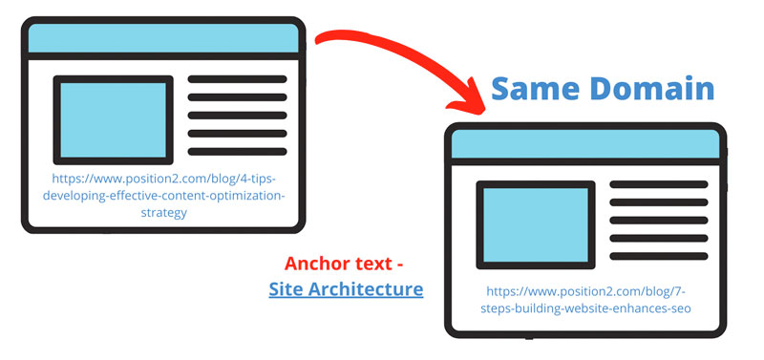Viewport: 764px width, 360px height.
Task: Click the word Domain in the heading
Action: coord(650,89)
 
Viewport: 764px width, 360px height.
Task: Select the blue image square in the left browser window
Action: coord(113,118)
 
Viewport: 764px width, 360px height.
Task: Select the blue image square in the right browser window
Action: coord(535,222)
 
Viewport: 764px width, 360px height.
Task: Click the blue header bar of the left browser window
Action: coord(163,38)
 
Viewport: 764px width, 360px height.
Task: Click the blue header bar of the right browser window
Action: coord(584,142)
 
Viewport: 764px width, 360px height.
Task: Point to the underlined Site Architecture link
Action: coord(346,288)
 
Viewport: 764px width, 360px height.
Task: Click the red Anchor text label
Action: coord(350,264)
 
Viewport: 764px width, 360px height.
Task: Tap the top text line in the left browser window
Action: coord(237,79)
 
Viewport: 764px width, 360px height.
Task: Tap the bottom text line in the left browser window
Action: coord(237,152)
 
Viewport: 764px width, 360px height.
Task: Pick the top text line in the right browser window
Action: coord(659,183)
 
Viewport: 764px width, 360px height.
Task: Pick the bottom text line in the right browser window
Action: coord(659,255)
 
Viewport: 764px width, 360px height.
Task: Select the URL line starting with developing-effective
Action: coord(162,196)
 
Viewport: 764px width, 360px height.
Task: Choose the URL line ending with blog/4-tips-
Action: coord(161,179)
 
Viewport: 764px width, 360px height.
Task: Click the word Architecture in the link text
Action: coord(367,288)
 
